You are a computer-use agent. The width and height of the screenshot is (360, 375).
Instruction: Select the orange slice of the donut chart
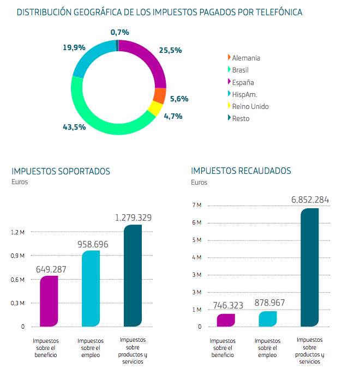(x=159, y=96)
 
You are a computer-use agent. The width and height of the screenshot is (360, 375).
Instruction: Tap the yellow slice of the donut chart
(x=154, y=108)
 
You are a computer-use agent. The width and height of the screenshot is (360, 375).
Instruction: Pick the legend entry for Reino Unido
(x=250, y=106)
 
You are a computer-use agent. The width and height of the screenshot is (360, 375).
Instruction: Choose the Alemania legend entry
(x=245, y=58)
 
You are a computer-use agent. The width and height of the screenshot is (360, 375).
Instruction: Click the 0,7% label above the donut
(x=119, y=32)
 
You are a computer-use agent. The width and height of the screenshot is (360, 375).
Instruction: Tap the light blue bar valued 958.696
(x=91, y=288)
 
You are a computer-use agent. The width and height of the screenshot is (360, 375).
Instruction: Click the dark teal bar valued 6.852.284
(x=309, y=268)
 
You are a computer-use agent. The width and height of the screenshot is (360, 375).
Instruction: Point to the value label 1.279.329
(x=133, y=217)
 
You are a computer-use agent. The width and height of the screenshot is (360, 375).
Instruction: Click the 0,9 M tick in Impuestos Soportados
(x=18, y=256)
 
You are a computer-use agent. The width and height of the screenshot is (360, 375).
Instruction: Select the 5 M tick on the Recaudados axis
(x=197, y=240)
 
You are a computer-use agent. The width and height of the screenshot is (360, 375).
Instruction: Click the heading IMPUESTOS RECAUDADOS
(x=241, y=171)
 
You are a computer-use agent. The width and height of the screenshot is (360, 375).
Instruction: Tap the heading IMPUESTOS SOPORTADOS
(x=61, y=171)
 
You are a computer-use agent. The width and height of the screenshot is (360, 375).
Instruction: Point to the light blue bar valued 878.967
(x=267, y=319)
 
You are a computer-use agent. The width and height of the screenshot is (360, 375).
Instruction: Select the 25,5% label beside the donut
(x=170, y=50)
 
